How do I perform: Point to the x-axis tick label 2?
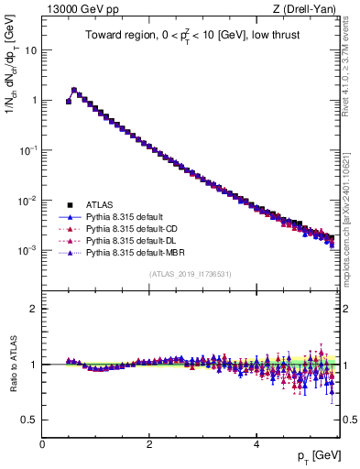pyautogui.click(x=149, y=443)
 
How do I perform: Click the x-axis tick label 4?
pyautogui.click(x=256, y=443)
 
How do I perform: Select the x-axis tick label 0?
pyautogui.click(x=42, y=443)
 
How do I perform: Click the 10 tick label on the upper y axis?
pyautogui.click(x=29, y=50)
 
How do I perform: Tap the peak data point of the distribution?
pyautogui.click(x=74, y=90)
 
